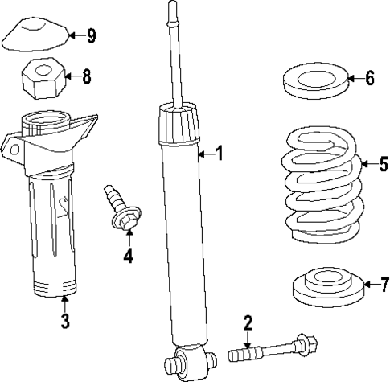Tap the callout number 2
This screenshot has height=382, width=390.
coord(248,323)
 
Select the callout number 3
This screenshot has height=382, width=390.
coord(65,321)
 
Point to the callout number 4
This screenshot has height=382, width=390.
coord(128,257)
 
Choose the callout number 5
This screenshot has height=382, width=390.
coord(383,165)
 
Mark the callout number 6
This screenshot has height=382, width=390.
coord(369,78)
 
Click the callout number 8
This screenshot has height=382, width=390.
coord(86,76)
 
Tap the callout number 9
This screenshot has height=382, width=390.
coord(91,35)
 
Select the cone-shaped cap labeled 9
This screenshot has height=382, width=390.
coord(33,35)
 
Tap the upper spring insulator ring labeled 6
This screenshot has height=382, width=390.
coord(314,80)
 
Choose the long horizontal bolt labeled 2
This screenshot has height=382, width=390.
coord(273,351)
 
